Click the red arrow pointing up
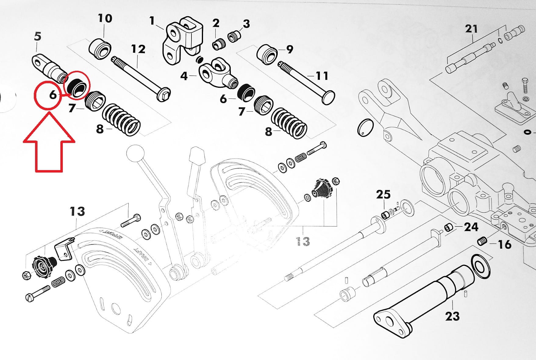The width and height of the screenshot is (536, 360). [49, 143]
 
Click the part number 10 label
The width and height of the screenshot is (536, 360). [105, 18]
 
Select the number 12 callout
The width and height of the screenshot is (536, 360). [138, 49]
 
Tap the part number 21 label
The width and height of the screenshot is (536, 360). [471, 29]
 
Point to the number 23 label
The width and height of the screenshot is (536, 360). [452, 316]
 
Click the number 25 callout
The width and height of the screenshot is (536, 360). [383, 194]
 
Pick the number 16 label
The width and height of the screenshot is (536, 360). [504, 244]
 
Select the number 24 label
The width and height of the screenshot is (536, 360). [471, 227]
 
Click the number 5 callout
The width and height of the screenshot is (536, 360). [37, 37]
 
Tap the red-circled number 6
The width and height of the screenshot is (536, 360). [53, 95]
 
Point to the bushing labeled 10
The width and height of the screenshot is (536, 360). [100, 48]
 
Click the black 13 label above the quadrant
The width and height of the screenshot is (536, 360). [77, 211]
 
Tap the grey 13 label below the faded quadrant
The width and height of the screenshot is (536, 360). [303, 241]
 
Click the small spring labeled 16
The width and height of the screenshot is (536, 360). [481, 242]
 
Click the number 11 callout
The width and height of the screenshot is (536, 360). [322, 76]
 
